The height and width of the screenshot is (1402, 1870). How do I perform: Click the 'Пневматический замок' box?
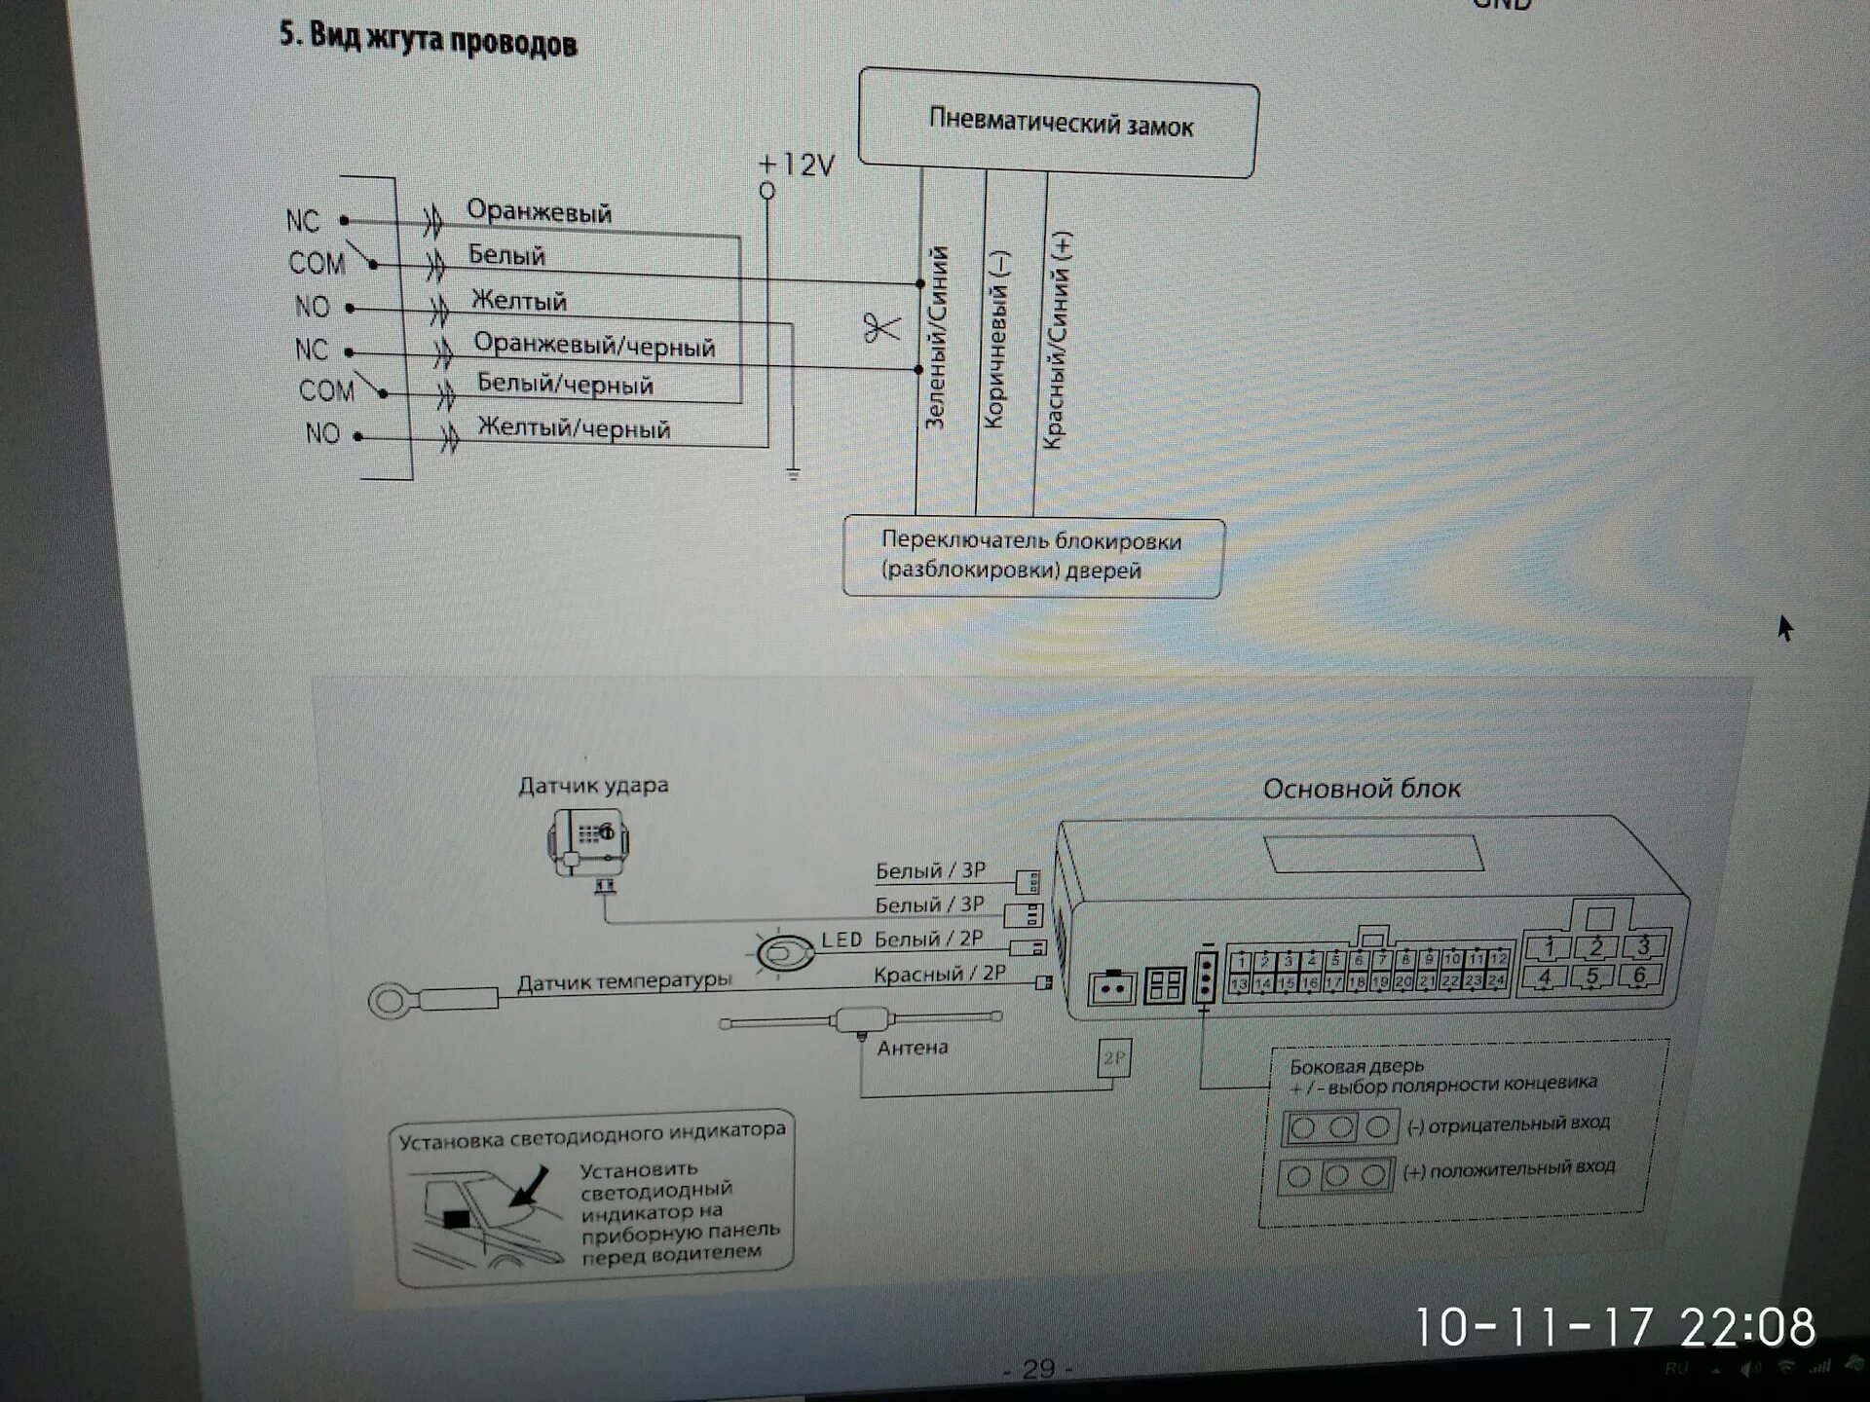pos(1059,124)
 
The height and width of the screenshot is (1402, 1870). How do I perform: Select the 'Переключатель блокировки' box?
pos(1032,556)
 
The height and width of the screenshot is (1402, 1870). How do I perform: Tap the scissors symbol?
pos(881,328)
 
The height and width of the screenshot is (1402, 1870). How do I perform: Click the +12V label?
pos(797,165)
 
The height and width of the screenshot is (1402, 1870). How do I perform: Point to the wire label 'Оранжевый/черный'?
pos(594,345)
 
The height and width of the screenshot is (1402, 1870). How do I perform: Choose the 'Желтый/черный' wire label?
pos(574,428)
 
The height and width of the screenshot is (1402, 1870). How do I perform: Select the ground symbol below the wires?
pos(793,475)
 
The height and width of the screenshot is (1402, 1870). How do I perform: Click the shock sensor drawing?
pos(588,842)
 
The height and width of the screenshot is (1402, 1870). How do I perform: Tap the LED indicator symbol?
pos(784,952)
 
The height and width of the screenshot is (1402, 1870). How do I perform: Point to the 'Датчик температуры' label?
pos(623,981)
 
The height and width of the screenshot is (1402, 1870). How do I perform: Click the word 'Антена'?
pos(912,1048)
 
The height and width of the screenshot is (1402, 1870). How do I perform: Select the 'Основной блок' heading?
pos(1361,789)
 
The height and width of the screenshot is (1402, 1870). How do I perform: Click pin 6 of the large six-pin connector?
pos(1640,976)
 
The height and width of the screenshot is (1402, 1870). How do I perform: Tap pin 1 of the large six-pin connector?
pos(1549,946)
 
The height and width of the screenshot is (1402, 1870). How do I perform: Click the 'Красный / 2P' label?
pos(939,974)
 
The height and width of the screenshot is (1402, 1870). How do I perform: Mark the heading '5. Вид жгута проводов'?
pos(428,40)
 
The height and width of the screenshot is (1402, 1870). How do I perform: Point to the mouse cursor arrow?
pos(1784,627)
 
